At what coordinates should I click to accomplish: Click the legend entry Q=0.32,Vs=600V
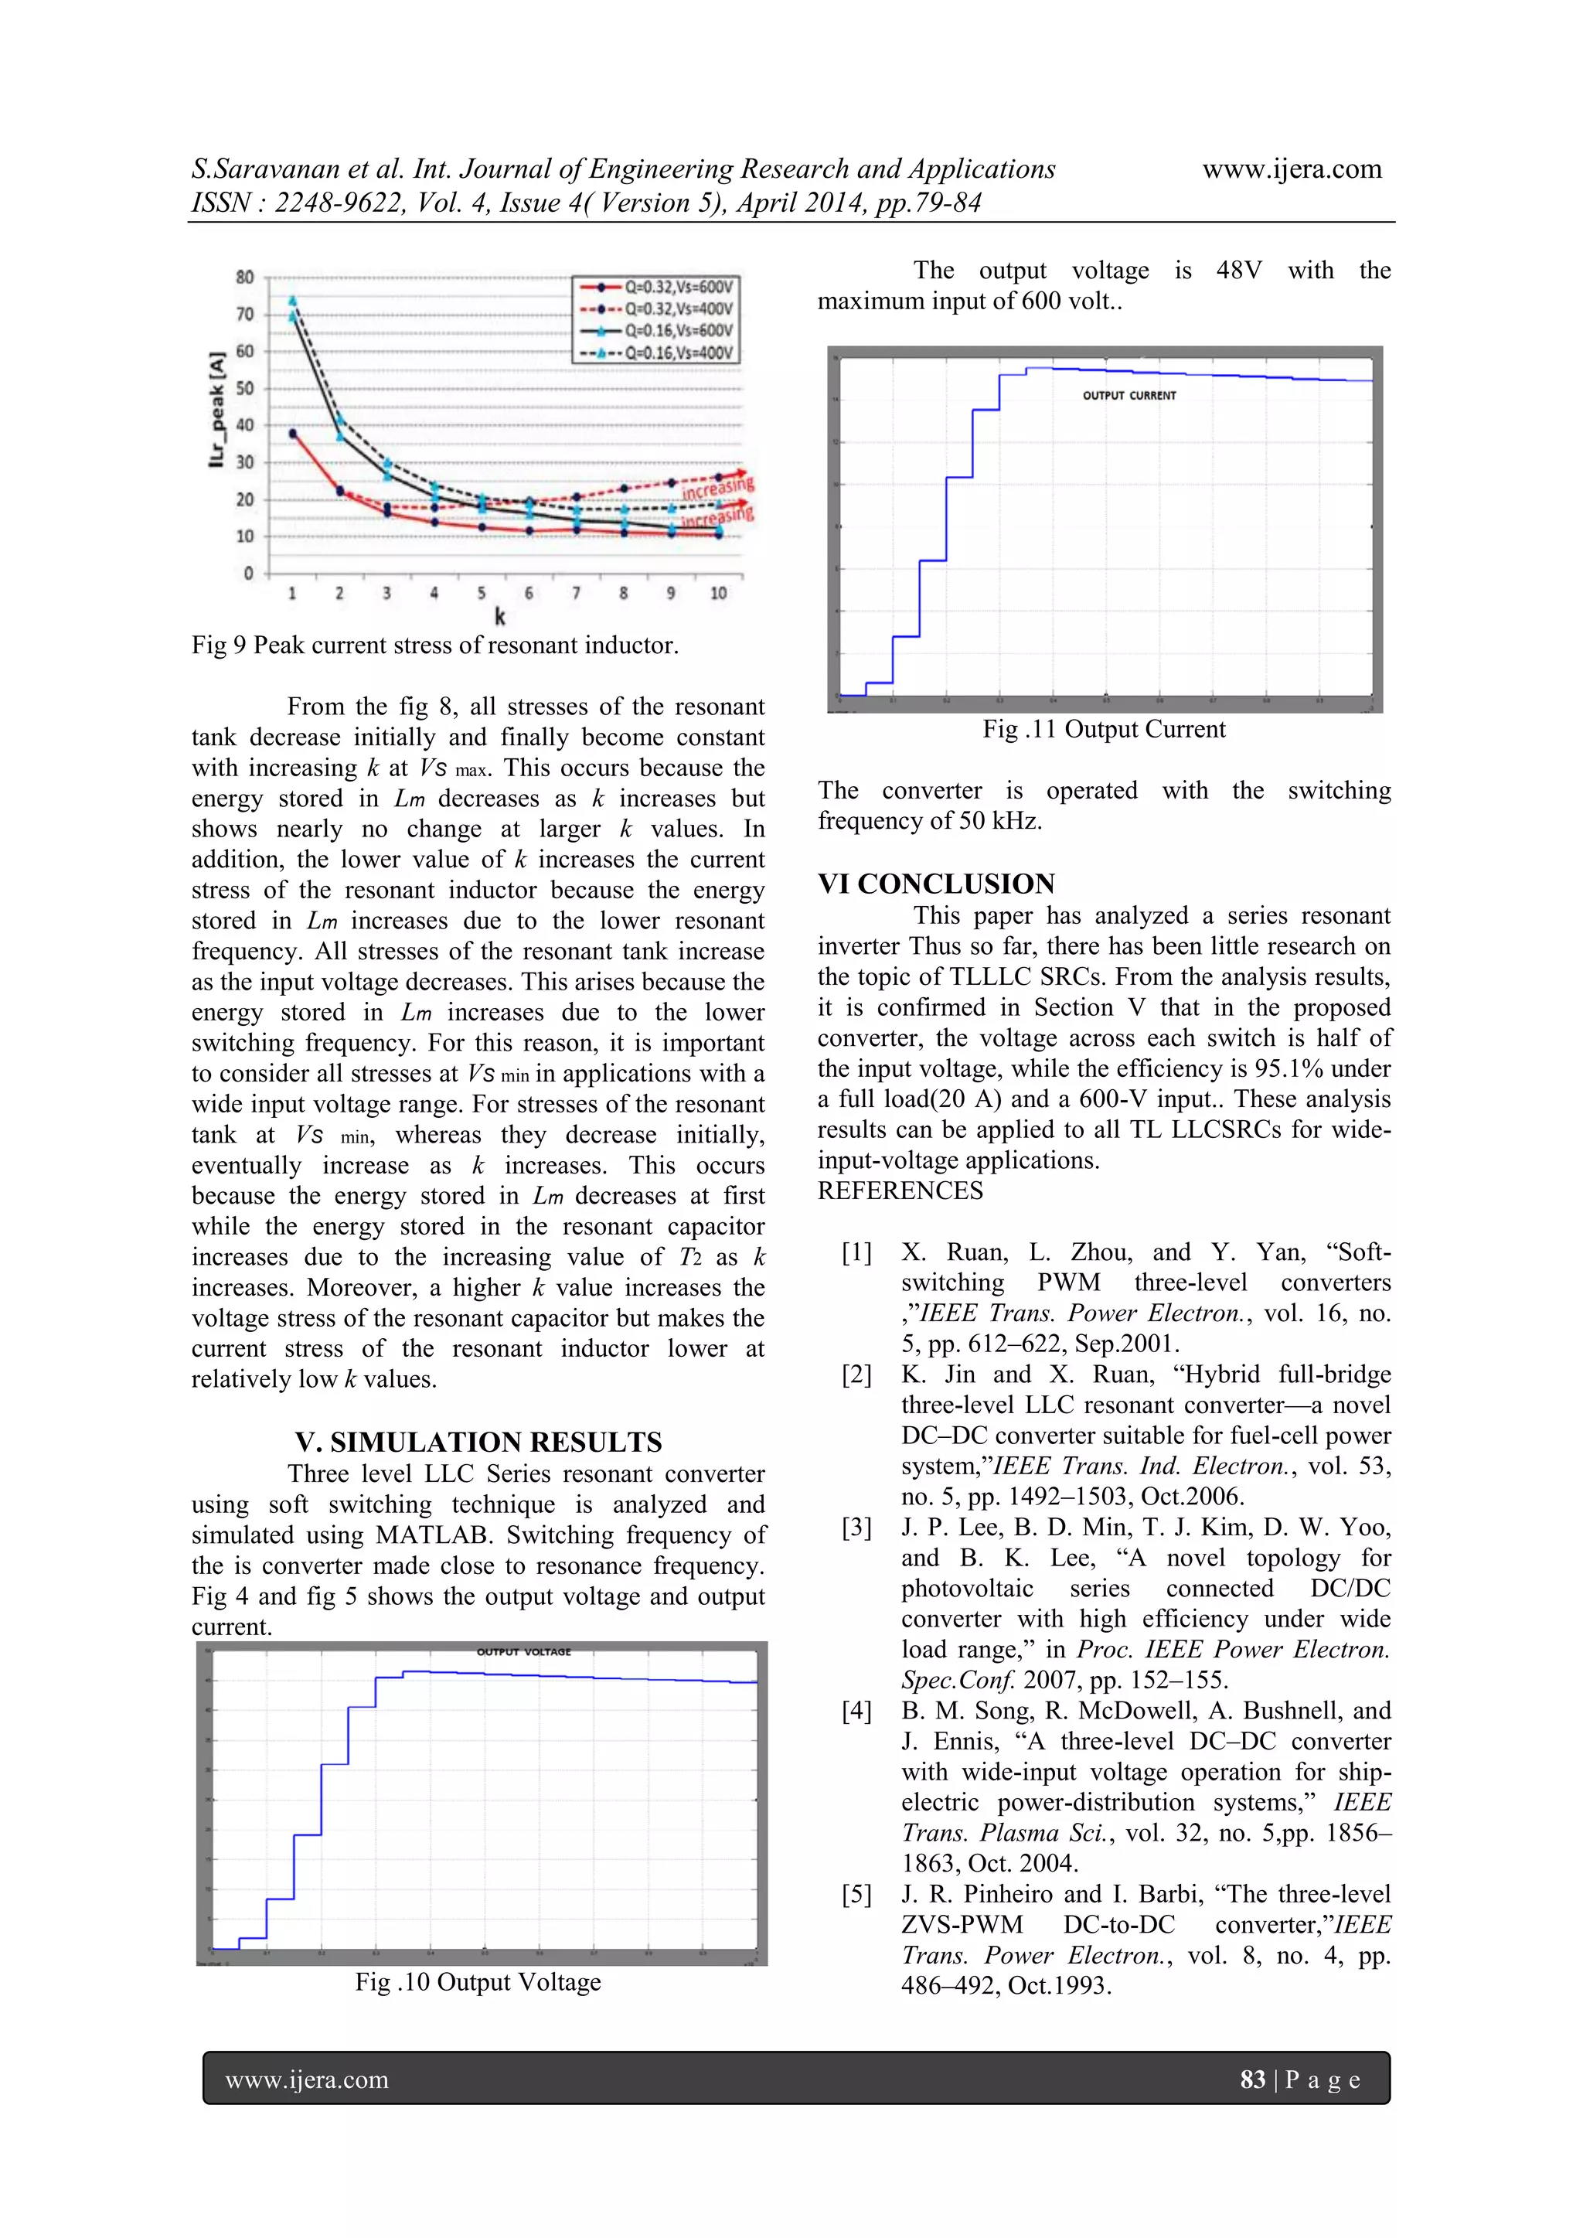677,287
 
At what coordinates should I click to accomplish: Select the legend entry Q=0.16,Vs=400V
677,352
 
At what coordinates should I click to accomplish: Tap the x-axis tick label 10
717,593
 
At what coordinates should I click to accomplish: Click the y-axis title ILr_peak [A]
216,410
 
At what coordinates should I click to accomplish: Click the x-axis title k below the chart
500,616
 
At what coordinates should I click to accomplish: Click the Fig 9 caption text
434,646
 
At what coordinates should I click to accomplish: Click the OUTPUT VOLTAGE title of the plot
523,1651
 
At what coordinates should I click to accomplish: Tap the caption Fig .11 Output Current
1104,729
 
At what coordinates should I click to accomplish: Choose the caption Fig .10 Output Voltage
478,1981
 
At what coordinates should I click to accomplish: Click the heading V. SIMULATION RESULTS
478,1442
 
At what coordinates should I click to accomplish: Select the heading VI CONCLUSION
936,883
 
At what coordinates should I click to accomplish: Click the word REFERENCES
900,1191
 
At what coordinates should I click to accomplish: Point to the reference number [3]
856,1528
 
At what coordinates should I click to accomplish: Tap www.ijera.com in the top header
1291,169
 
